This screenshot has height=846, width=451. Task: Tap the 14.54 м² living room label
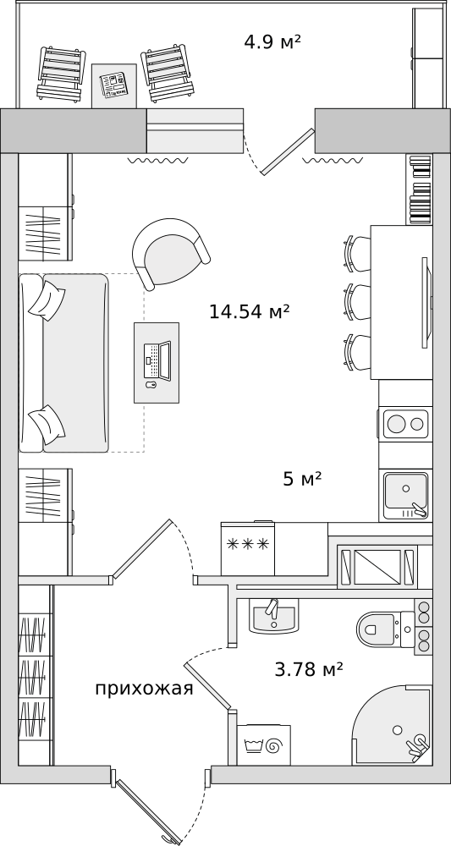(x=250, y=310)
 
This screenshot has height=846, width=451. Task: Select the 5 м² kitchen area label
(x=302, y=479)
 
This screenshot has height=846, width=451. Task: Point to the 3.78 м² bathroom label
(x=309, y=669)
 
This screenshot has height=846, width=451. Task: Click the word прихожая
(x=144, y=689)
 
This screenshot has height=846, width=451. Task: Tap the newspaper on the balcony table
(x=114, y=85)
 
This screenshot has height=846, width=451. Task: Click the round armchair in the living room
(x=170, y=252)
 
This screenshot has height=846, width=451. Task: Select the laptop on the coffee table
(x=157, y=360)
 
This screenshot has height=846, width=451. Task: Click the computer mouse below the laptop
(x=152, y=385)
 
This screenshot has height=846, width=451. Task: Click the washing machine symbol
(x=263, y=745)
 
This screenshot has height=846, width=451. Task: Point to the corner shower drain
(x=398, y=729)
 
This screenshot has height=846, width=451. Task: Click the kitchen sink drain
(x=405, y=488)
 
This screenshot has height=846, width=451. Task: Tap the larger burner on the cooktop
(x=396, y=424)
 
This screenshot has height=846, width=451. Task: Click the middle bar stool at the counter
(x=357, y=304)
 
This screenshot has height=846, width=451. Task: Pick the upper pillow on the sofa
(x=47, y=300)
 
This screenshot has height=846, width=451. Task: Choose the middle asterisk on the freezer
(x=250, y=544)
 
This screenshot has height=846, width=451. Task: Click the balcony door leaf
(x=287, y=151)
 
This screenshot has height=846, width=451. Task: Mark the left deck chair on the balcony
(x=62, y=74)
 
